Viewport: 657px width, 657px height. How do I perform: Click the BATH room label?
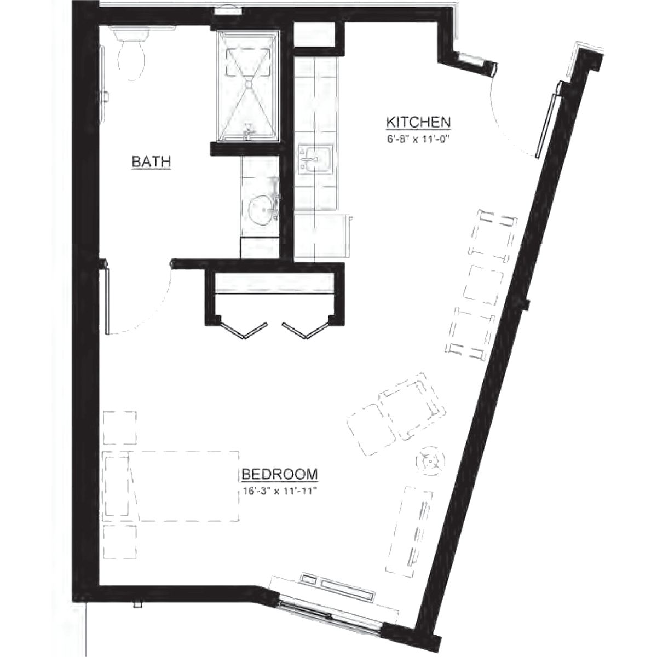coord(152,162)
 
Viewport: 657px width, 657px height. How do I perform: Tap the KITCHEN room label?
coord(418,121)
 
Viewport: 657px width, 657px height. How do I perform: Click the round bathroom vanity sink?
coord(262,210)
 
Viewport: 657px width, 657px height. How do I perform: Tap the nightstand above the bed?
coord(119,427)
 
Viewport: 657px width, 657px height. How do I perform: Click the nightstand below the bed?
coord(119,542)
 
